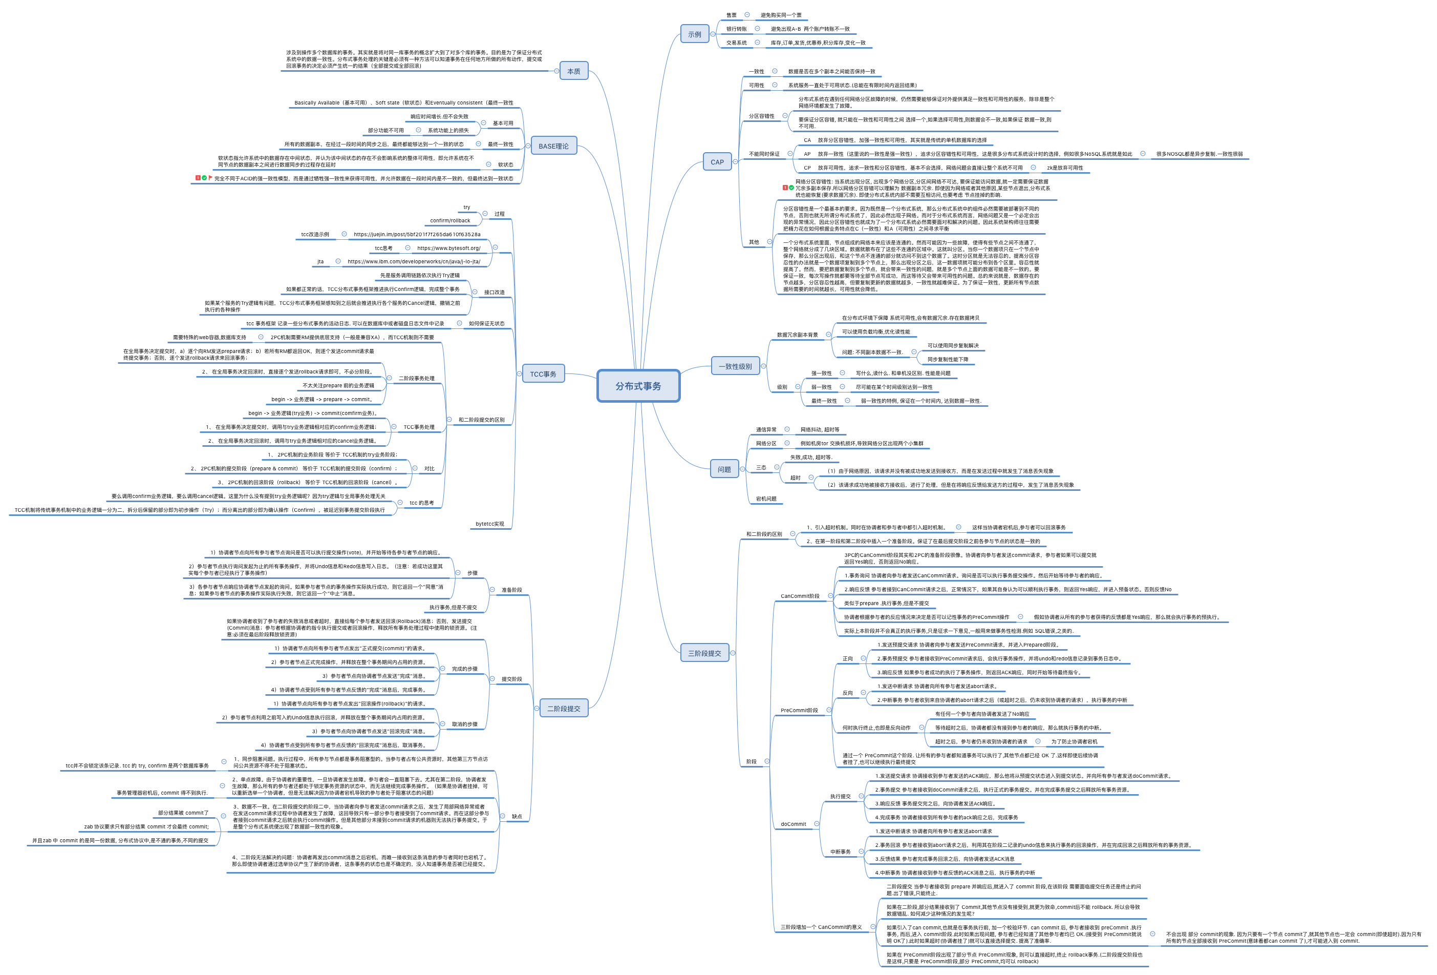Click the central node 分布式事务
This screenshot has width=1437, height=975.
638,386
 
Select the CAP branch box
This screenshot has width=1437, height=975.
717,162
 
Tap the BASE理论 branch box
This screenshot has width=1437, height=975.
553,147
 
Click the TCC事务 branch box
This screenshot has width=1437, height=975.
543,375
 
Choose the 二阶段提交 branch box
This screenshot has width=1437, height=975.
563,709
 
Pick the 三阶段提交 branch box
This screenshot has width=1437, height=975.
704,653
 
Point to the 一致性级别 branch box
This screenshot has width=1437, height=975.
735,367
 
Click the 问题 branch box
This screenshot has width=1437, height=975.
724,469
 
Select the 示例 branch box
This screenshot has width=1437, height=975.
694,35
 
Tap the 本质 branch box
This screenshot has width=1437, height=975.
573,72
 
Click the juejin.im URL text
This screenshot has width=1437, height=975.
417,235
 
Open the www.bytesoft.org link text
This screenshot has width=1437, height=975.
448,248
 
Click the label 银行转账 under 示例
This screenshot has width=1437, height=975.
737,29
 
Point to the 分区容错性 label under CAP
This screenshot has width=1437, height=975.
761,116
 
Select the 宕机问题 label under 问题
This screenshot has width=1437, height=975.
766,499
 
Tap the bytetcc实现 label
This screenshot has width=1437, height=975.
490,524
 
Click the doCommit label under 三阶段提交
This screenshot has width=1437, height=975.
793,824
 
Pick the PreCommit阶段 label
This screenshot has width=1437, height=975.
799,710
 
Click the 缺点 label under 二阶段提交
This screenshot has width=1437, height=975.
517,817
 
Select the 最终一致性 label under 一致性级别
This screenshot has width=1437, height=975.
824,401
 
